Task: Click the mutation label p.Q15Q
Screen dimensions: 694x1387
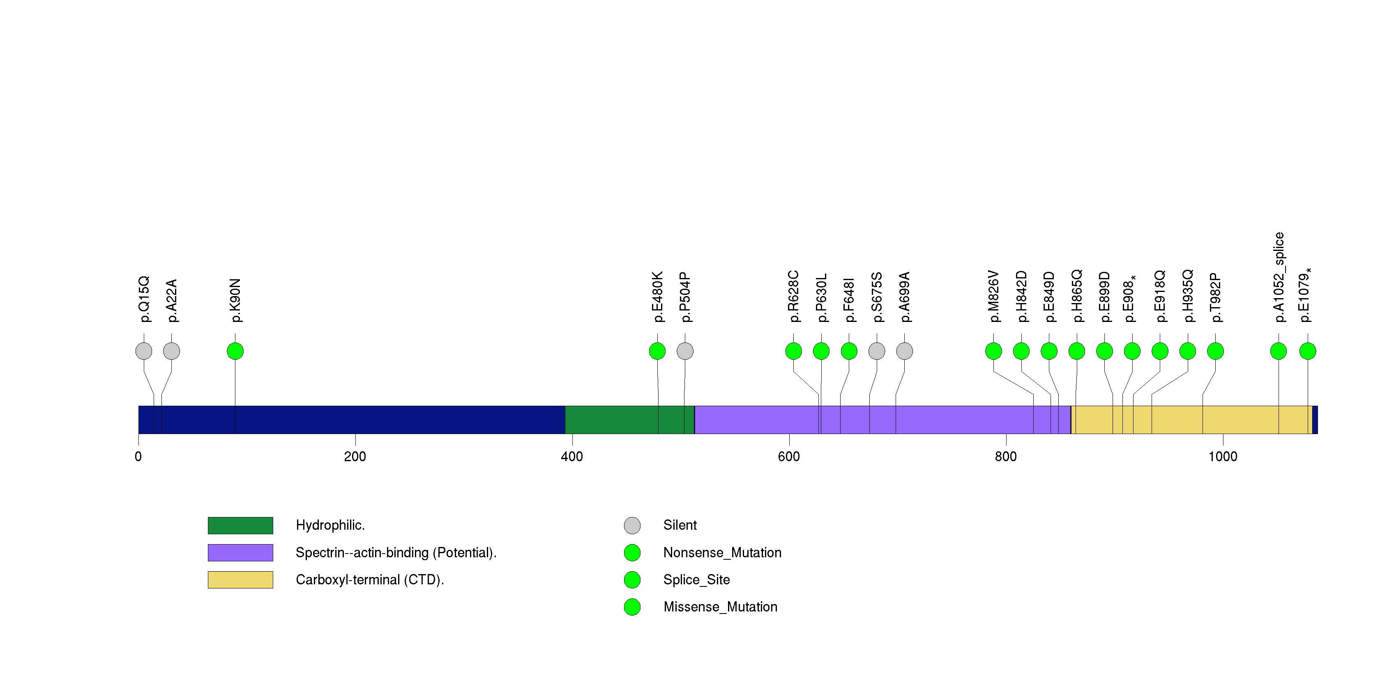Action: pos(144,299)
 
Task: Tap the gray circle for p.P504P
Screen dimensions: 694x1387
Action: pos(685,351)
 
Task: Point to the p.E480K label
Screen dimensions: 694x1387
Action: pos(657,296)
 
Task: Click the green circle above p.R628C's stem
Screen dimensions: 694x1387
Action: pos(794,351)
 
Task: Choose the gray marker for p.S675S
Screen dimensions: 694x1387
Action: pos(877,351)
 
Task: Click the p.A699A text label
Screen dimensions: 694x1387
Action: pos(905,297)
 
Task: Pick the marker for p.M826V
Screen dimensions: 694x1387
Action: pos(993,351)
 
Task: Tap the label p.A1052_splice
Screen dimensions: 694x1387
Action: pos(1279,277)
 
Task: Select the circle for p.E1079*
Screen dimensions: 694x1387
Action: pos(1308,351)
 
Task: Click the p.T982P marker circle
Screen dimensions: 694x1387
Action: pos(1215,351)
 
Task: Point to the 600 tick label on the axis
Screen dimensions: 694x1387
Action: pos(789,457)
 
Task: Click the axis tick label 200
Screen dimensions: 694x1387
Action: pos(355,457)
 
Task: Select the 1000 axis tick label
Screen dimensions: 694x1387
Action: pos(1223,457)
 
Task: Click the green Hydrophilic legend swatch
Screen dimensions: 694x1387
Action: pos(240,526)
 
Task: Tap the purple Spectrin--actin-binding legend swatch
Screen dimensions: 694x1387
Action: pos(240,552)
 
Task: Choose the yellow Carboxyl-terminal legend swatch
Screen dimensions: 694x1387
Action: pos(240,580)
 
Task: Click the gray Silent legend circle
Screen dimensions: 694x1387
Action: pos(632,526)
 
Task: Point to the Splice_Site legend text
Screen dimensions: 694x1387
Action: pos(696,580)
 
